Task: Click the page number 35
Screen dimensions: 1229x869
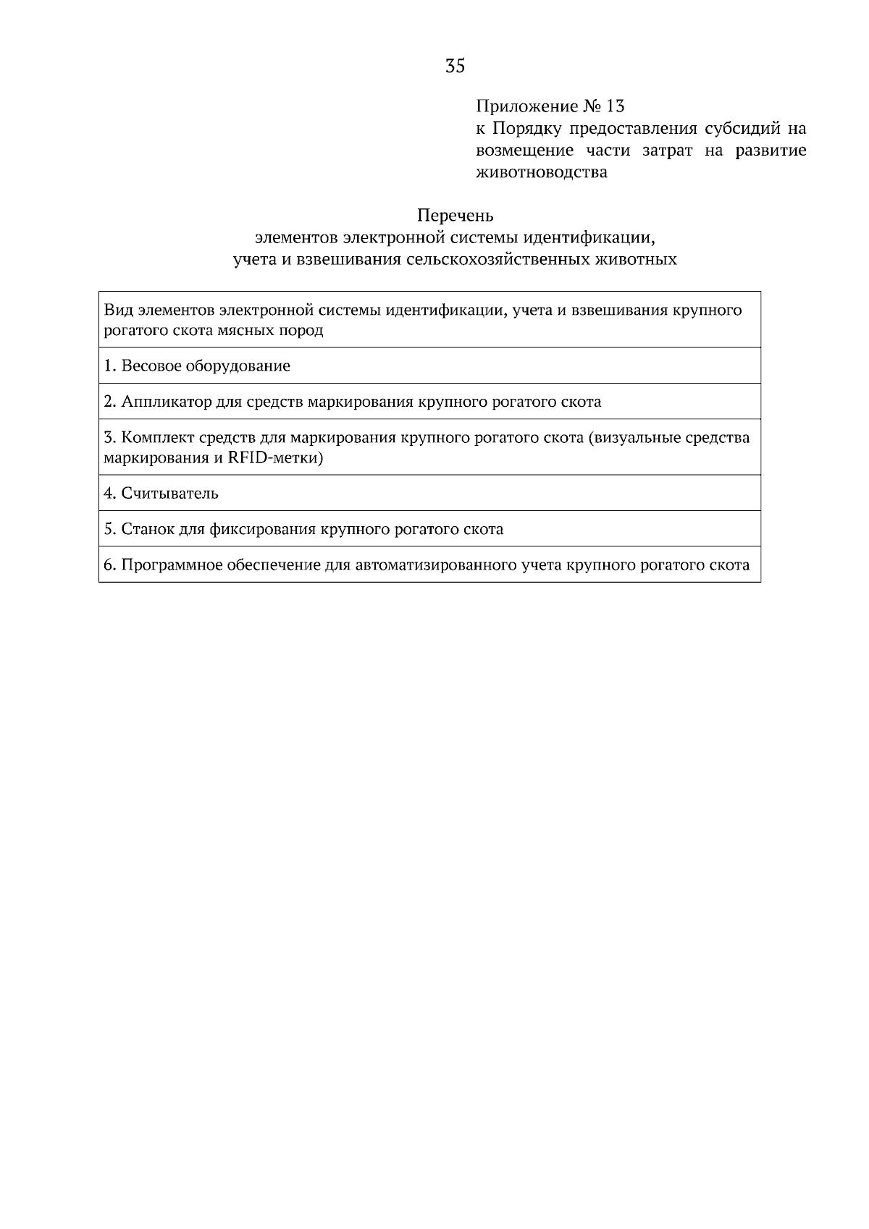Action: point(455,67)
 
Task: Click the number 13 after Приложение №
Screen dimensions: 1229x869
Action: point(614,106)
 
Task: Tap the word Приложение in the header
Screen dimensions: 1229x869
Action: point(526,107)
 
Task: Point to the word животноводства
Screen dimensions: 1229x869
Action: point(542,172)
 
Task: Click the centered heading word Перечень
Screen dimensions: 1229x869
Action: point(455,215)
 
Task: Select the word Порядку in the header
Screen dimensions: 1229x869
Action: point(526,129)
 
